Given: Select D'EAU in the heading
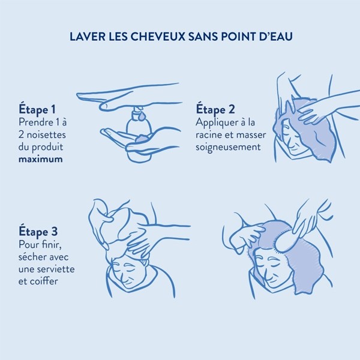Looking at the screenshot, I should [276, 37].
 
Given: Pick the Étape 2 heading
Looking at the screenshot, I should [215, 109].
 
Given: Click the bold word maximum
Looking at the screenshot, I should [41, 159].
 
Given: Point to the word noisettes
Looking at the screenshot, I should [46, 134].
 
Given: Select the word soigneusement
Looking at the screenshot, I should [230, 146].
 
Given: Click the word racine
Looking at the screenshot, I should [210, 134].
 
